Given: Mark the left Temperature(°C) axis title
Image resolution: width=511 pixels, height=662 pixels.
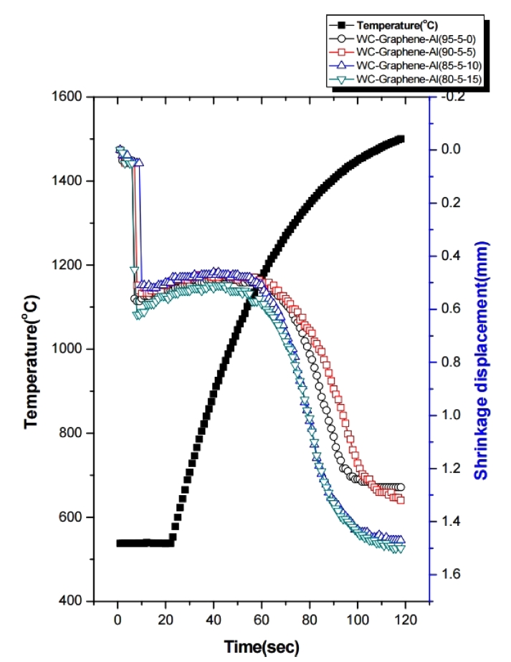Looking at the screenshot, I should pos(32,348).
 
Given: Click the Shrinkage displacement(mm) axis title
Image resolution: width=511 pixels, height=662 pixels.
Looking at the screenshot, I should pos(483,348).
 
